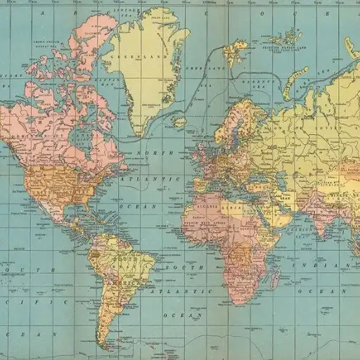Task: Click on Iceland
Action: coord(180,122)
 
